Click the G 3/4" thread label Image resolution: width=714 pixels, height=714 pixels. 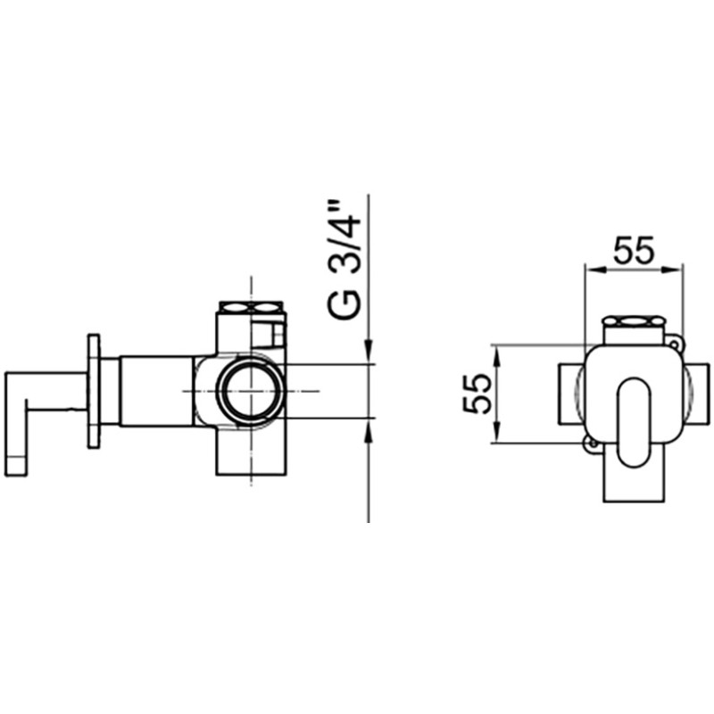coord(344,260)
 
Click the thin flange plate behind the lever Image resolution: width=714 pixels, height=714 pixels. coord(94,392)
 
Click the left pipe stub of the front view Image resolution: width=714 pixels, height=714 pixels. coord(571,394)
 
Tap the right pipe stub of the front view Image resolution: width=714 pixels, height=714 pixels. coord(696,394)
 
